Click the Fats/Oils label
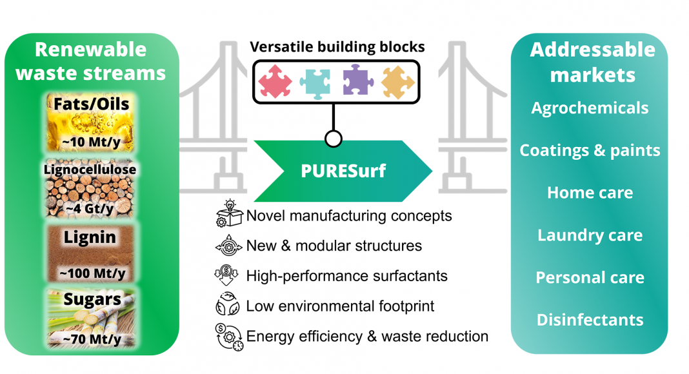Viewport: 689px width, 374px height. coord(92,104)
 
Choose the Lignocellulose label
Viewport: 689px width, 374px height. coord(90,170)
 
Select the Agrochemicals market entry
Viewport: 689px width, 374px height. coord(590,108)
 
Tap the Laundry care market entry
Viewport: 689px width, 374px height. coord(590,235)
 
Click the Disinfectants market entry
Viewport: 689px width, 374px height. coord(590,320)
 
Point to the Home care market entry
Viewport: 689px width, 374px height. coord(590,193)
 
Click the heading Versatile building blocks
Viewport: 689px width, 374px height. coord(337,47)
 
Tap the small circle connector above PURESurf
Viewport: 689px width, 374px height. coord(334,139)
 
